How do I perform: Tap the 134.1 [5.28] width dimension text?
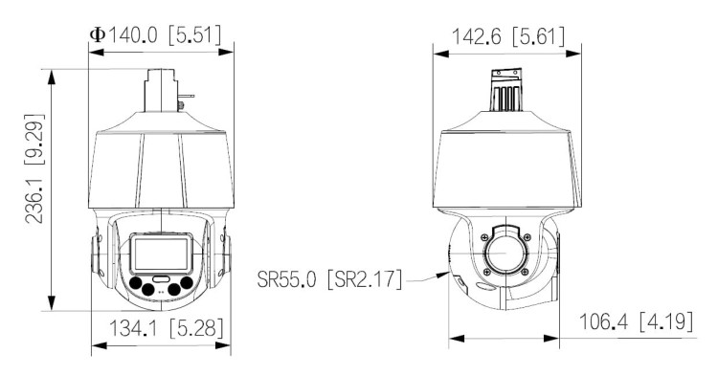click(x=163, y=331)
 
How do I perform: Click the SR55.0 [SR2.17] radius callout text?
click(x=330, y=280)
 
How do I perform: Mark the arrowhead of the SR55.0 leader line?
click(x=447, y=273)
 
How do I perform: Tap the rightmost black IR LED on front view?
click(x=194, y=284)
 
